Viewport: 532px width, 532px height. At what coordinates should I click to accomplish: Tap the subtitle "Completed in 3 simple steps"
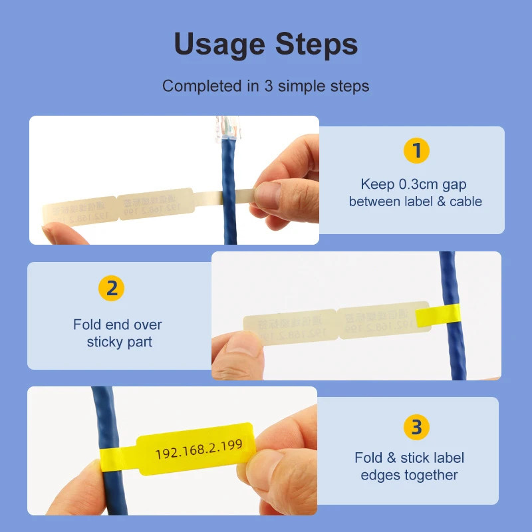pyautogui.click(x=265, y=86)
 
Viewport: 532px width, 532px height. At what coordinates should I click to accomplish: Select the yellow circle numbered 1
pyautogui.click(x=416, y=152)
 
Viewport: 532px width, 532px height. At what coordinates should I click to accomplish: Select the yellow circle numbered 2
pyautogui.click(x=112, y=289)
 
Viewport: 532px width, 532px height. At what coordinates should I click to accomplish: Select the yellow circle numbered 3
pyautogui.click(x=416, y=427)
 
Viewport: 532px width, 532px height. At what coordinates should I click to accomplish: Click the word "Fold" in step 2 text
pyautogui.click(x=88, y=325)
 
